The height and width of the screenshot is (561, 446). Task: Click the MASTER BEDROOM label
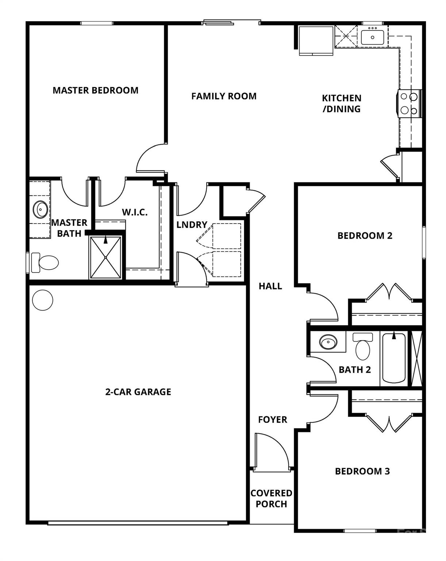[96, 90]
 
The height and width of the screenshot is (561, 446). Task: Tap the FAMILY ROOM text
[224, 96]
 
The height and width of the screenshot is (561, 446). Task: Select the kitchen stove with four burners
[409, 103]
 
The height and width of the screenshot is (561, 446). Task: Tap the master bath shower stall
[105, 257]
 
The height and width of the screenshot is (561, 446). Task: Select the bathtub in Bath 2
[394, 358]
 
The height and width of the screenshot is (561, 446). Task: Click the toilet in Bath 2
[362, 346]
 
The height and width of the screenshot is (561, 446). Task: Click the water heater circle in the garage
[43, 300]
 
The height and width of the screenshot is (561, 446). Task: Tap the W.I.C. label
[135, 212]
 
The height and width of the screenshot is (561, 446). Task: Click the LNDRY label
[192, 225]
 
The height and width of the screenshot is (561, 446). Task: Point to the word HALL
[270, 286]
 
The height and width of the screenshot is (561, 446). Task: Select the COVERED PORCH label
[271, 499]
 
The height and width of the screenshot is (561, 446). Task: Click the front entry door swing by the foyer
[272, 451]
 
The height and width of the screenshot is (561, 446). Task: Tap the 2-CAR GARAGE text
[138, 392]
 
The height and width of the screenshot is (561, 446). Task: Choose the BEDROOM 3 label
[362, 471]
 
